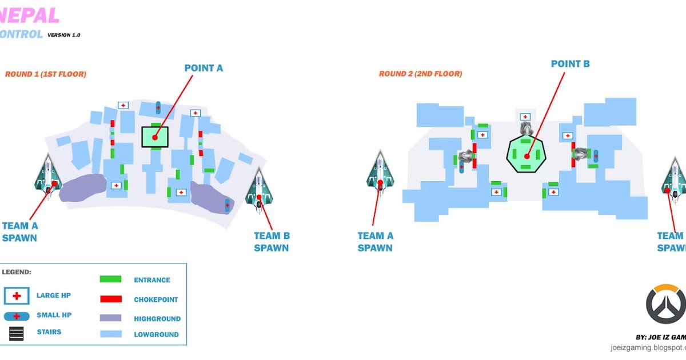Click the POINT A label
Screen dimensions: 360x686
tap(204, 68)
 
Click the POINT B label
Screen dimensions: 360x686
tap(570, 63)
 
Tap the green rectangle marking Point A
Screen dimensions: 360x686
tap(155, 137)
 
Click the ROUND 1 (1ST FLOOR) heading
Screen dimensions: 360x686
tap(46, 74)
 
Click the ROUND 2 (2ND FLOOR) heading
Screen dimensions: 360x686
tap(420, 74)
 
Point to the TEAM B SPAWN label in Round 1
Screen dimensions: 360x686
tap(272, 241)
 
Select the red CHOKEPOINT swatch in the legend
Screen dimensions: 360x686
tap(110, 299)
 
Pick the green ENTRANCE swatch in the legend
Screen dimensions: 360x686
tap(110, 279)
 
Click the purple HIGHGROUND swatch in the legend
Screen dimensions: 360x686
tap(110, 318)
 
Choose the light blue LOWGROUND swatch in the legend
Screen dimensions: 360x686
tap(110, 334)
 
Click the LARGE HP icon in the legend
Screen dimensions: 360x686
tap(17, 295)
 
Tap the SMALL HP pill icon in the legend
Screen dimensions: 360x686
tap(17, 316)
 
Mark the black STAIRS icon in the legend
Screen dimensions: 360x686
tap(17, 334)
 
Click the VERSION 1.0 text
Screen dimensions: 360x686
tap(64, 35)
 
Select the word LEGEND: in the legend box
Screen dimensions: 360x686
tap(17, 272)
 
